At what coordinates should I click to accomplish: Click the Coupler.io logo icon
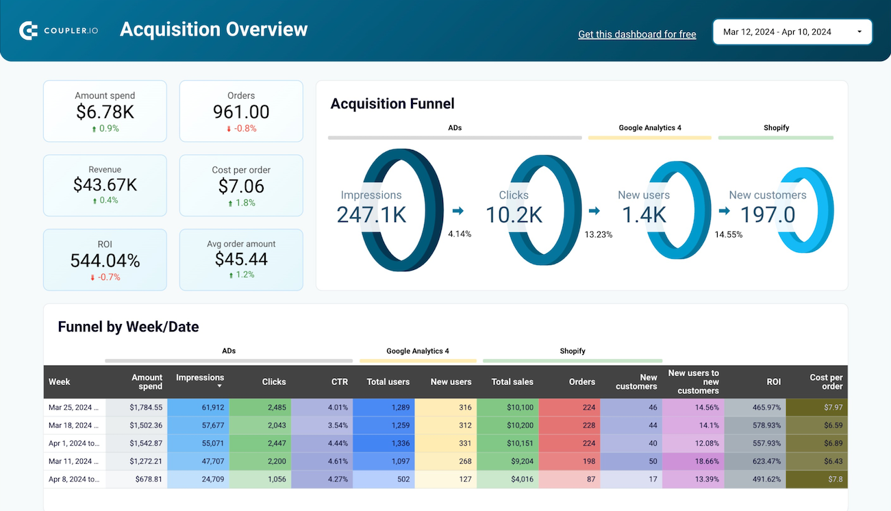pyautogui.click(x=28, y=31)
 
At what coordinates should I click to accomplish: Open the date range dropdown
pyautogui.click(x=792, y=32)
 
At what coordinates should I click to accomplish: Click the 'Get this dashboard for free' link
pyautogui.click(x=637, y=34)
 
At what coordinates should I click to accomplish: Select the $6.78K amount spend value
pyautogui.click(x=105, y=112)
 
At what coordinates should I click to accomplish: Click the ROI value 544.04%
pyautogui.click(x=105, y=260)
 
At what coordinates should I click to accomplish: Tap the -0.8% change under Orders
pyautogui.click(x=241, y=128)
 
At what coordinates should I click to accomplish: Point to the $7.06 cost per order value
pyautogui.click(x=241, y=186)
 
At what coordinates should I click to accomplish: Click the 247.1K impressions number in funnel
pyautogui.click(x=371, y=214)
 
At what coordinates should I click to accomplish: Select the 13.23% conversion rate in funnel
pyautogui.click(x=598, y=234)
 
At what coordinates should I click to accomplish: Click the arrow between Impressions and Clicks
pyautogui.click(x=457, y=211)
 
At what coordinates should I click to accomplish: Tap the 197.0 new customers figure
pyautogui.click(x=768, y=214)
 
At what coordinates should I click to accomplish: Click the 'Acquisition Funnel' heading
pyautogui.click(x=392, y=103)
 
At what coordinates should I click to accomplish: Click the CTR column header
pyautogui.click(x=340, y=382)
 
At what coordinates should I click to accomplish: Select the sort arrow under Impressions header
pyautogui.click(x=220, y=386)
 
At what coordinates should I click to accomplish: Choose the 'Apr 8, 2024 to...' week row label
pyautogui.click(x=74, y=479)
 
